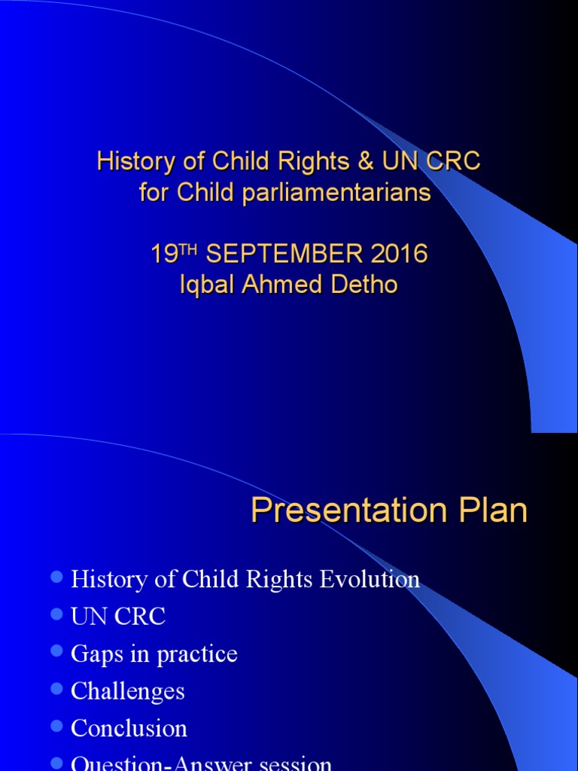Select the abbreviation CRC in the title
point(453,162)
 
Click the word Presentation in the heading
point(343,511)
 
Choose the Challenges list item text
point(127,691)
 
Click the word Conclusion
point(129,728)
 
